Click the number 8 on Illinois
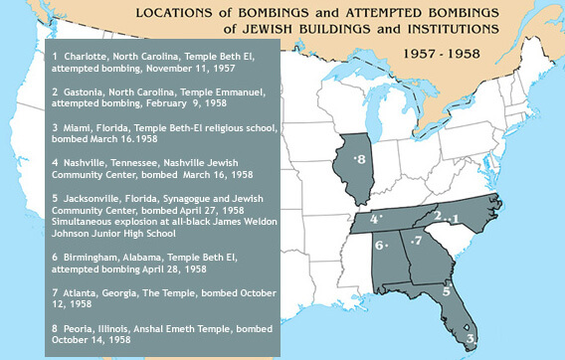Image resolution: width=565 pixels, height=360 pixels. coord(362,159)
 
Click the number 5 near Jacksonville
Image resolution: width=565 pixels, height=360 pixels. coord(447,291)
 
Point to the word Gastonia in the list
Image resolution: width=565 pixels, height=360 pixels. coord(88,90)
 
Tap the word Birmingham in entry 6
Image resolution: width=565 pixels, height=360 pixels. coord(96,257)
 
